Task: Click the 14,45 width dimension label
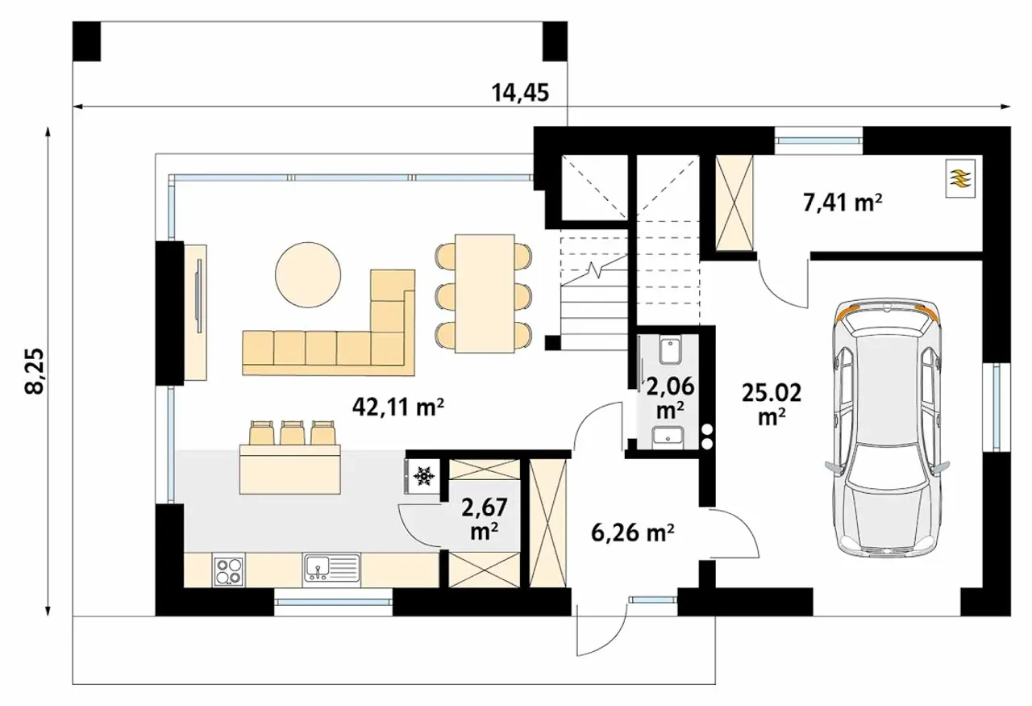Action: (x=520, y=93)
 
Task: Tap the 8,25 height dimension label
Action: (x=35, y=371)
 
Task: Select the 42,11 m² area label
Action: (x=398, y=407)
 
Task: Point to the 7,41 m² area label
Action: (x=843, y=203)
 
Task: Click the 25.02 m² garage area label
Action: (x=772, y=404)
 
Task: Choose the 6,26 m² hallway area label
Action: (x=633, y=533)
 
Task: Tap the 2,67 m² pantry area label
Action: (x=485, y=518)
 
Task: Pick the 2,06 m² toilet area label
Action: (x=670, y=397)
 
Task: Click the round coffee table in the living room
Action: (x=308, y=275)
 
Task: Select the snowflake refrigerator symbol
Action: (x=423, y=476)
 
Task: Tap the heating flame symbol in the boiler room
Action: (x=960, y=178)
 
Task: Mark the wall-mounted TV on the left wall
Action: (x=199, y=295)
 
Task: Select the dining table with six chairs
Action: (x=485, y=294)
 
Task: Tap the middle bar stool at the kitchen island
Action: (x=291, y=432)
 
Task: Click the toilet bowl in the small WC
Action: (x=670, y=350)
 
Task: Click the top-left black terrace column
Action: (x=86, y=41)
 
